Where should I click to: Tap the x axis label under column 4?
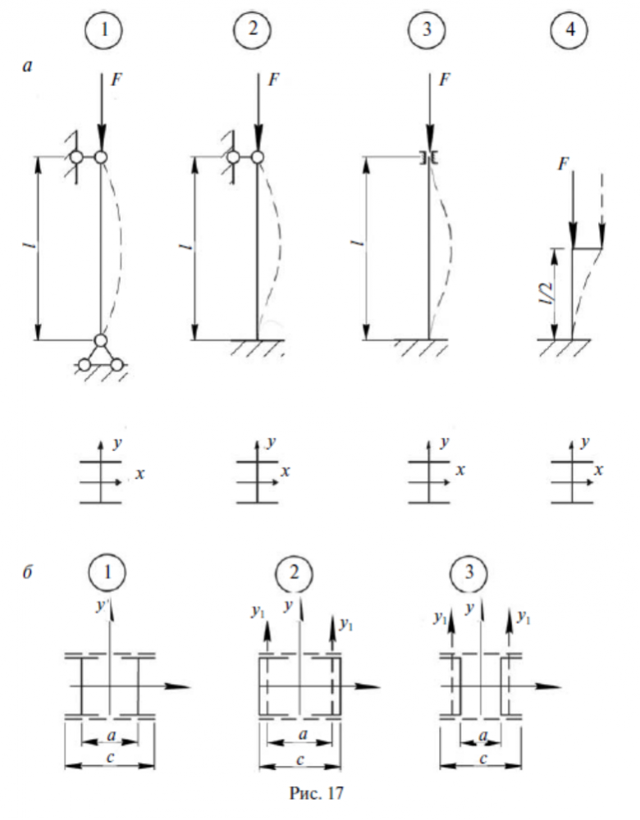click(x=601, y=471)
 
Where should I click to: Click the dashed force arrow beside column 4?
click(x=601, y=209)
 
